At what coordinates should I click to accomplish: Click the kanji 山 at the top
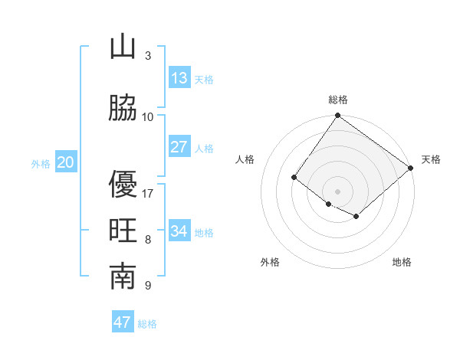123,47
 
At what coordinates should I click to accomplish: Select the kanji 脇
123,109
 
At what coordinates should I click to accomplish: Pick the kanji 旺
123,232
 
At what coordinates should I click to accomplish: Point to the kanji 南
123,278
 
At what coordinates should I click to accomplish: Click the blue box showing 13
179,78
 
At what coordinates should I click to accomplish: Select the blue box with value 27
179,147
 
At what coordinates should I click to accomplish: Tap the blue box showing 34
179,231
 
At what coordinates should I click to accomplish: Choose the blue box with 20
66,162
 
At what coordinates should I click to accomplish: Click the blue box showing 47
123,322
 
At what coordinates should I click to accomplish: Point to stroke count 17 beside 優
148,193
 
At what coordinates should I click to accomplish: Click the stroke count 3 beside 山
148,55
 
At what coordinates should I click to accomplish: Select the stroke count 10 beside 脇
148,116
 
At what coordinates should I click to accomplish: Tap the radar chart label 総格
337,100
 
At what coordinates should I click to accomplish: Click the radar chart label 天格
431,159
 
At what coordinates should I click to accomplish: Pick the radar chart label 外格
270,262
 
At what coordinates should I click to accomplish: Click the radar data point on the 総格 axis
337,116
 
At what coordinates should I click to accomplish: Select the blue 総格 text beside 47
147,324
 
